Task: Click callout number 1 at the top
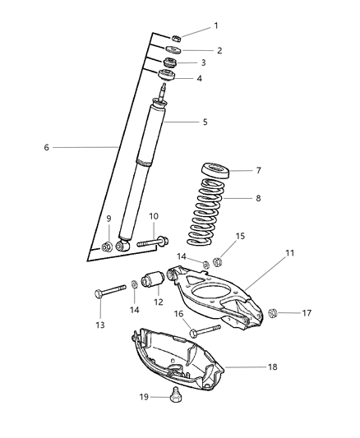(216, 25)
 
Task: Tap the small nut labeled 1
(177, 37)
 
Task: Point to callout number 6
(48, 147)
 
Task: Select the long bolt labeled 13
(110, 290)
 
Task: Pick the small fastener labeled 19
(174, 399)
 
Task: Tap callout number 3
(204, 62)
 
